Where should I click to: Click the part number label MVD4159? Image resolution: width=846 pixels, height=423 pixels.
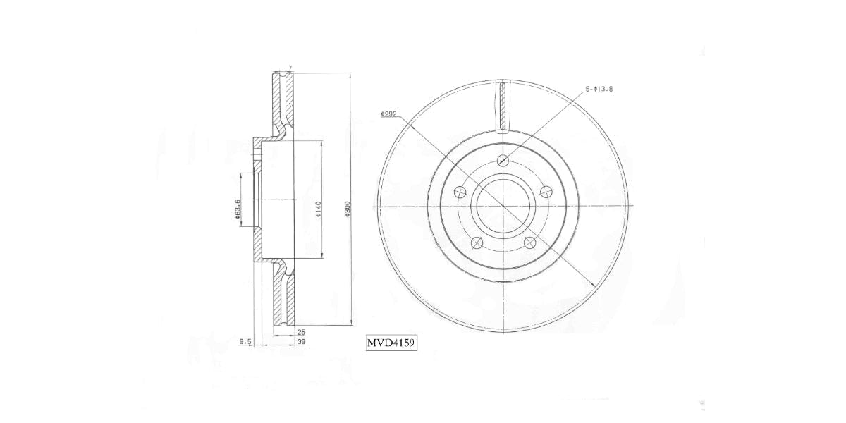tap(391, 344)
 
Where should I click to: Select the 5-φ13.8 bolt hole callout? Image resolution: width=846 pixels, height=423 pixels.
tap(599, 90)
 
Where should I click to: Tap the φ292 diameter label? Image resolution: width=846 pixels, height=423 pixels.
tap(388, 113)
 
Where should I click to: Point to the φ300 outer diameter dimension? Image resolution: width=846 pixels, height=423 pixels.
tap(348, 209)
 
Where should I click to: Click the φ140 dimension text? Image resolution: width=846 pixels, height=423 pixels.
tap(319, 209)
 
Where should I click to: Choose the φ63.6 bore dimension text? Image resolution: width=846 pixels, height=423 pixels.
tap(238, 209)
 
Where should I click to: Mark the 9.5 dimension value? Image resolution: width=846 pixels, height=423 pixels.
tap(245, 341)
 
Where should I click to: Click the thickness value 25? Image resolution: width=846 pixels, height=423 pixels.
tap(301, 332)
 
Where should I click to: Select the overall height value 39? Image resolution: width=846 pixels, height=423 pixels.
tap(301, 341)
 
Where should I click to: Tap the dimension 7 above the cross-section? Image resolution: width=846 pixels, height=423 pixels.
tap(290, 68)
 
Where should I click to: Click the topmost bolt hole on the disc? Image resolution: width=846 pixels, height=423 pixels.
tap(503, 160)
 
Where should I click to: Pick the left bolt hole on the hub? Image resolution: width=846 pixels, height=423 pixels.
tap(460, 192)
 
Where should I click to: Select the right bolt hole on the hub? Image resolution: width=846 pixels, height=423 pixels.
tap(546, 192)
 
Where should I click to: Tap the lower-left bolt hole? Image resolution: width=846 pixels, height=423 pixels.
tap(476, 243)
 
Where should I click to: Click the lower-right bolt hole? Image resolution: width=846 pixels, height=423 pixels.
tap(529, 243)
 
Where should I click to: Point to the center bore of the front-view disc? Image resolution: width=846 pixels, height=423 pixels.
tap(503, 205)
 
